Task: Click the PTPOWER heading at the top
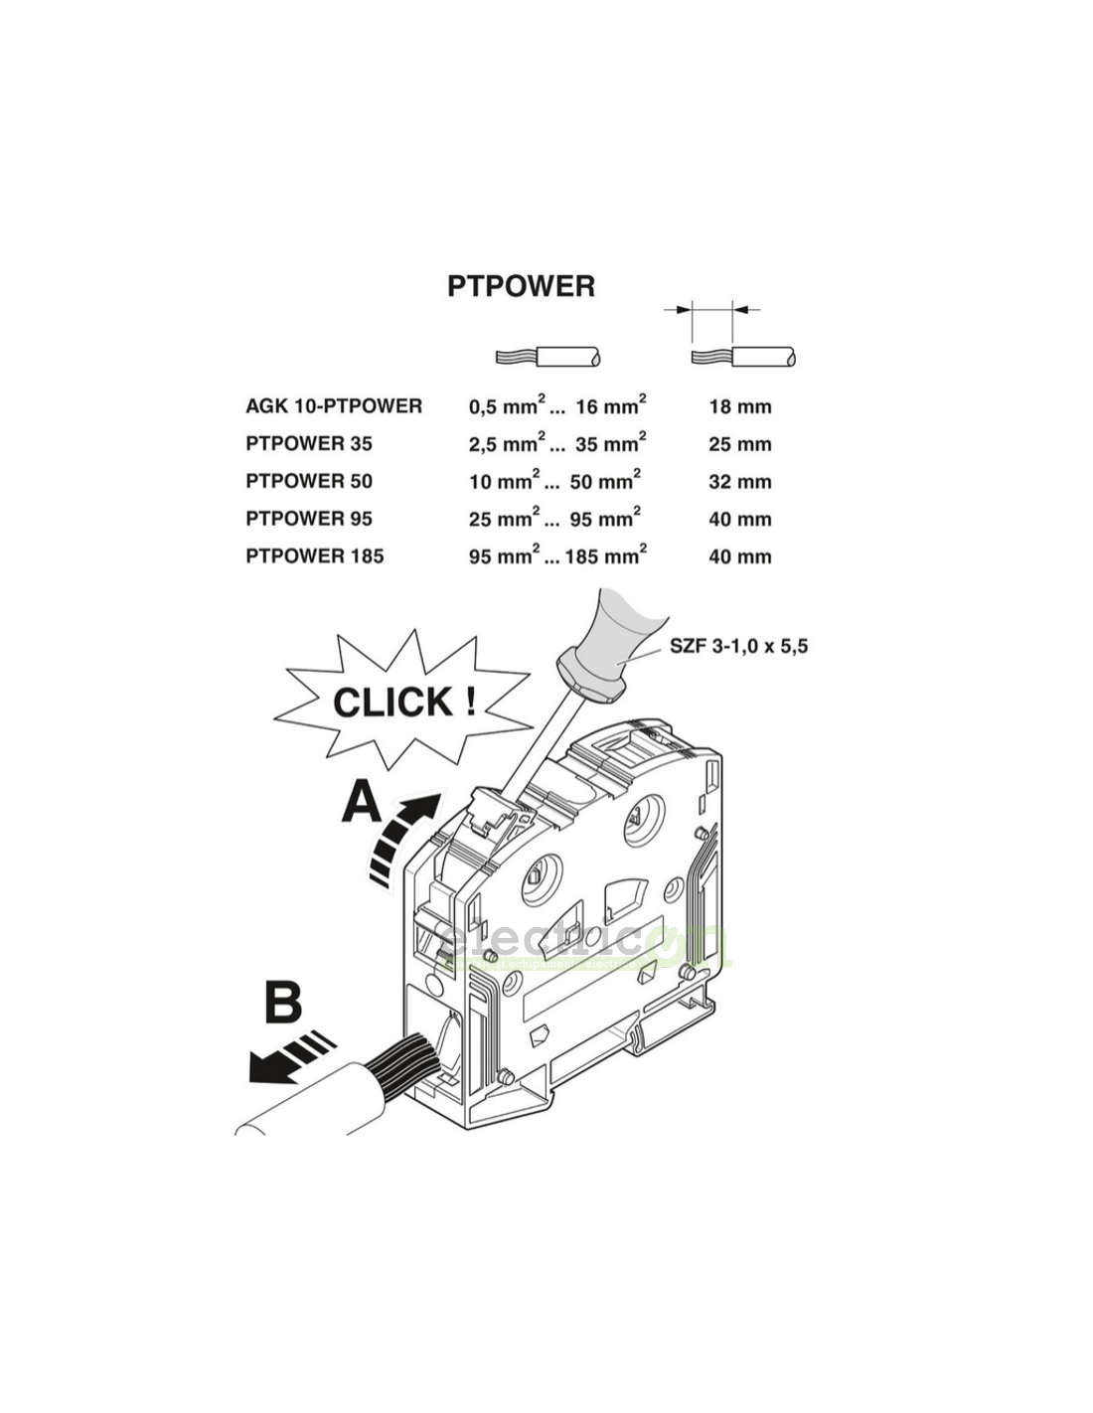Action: tap(521, 286)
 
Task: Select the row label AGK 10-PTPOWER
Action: tap(334, 405)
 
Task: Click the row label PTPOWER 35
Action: tap(309, 443)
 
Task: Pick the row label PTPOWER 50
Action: tap(309, 481)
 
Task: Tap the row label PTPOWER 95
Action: tap(309, 518)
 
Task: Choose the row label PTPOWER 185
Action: tap(314, 555)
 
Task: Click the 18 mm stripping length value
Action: tap(739, 406)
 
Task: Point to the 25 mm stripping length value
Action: tap(739, 444)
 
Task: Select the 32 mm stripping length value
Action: tap(739, 482)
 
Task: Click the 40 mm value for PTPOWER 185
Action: tap(739, 556)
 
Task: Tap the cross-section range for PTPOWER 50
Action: tap(554, 481)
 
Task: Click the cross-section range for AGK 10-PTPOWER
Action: tap(557, 405)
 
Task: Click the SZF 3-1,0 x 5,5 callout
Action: tap(738, 646)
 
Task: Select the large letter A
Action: tap(361, 803)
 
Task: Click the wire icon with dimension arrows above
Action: tap(742, 356)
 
